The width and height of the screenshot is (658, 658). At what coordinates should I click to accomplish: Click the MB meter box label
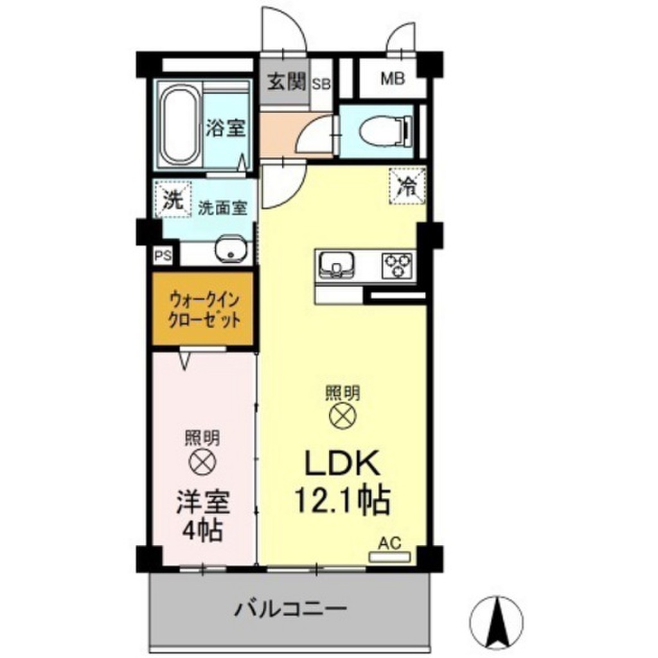click(392, 80)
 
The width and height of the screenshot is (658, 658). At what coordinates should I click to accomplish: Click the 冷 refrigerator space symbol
click(407, 185)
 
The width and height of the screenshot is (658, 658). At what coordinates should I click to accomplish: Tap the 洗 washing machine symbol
click(172, 199)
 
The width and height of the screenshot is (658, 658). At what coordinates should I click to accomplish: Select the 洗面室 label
click(222, 208)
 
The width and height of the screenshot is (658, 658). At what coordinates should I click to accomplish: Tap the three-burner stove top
click(397, 263)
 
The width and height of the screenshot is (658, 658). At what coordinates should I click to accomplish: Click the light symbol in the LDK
click(342, 415)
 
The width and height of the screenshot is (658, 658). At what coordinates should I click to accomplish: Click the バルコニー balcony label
click(290, 607)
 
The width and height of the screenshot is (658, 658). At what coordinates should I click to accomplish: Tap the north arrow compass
click(496, 610)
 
